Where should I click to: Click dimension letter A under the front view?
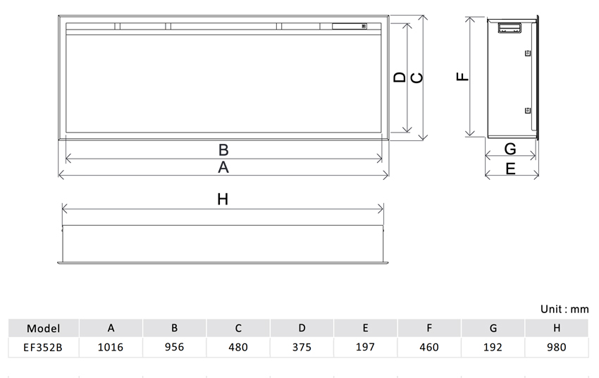pyautogui.click(x=223, y=167)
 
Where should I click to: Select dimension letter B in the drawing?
pyautogui.click(x=223, y=150)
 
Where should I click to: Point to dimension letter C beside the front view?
pyautogui.click(x=416, y=78)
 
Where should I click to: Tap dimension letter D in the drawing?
pyautogui.click(x=400, y=78)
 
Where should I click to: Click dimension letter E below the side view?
pyautogui.click(x=510, y=169)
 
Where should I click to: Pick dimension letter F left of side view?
pyautogui.click(x=462, y=76)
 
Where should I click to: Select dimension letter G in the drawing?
pyautogui.click(x=510, y=149)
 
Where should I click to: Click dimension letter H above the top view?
pyautogui.click(x=223, y=199)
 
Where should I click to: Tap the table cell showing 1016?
pyautogui.click(x=111, y=347)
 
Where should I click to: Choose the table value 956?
pyautogui.click(x=174, y=347)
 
